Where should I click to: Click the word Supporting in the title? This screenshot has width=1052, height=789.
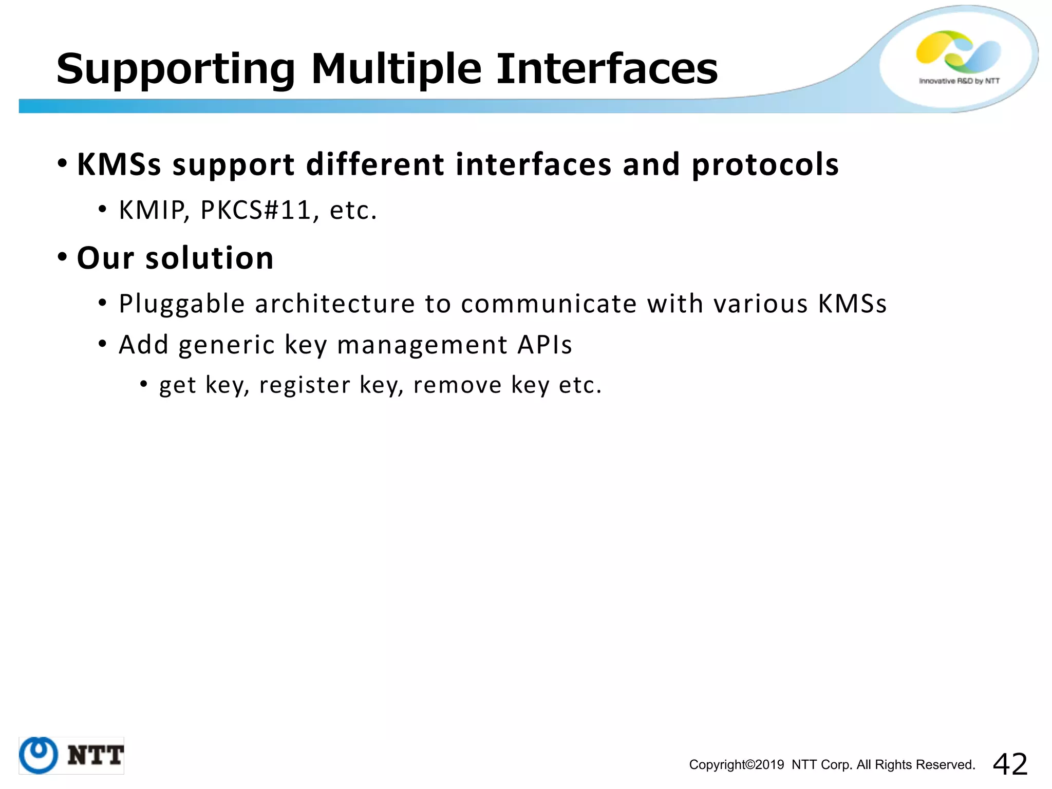(175, 69)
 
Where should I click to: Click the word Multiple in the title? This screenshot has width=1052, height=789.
(396, 69)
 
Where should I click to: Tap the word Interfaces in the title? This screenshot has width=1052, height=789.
(607, 69)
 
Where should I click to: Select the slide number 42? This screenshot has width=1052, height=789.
(1010, 764)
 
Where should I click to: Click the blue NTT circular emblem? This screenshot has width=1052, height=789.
(39, 755)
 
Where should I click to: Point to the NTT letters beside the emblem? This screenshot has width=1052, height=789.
(96, 755)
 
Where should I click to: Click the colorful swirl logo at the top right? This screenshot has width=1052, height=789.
(958, 51)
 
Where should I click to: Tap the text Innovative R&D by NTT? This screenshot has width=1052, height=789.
(959, 81)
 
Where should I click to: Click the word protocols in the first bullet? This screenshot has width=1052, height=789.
(765, 165)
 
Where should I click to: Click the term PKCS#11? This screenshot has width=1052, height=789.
(256, 210)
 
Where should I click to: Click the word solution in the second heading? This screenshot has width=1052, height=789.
(210, 258)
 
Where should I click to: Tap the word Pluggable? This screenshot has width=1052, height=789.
(182, 304)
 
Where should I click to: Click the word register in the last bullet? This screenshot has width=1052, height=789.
(305, 385)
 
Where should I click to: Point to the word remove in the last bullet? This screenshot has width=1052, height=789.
(457, 385)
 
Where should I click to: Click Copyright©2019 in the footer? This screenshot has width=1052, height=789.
(736, 765)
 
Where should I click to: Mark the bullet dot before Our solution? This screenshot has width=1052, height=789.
(62, 256)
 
